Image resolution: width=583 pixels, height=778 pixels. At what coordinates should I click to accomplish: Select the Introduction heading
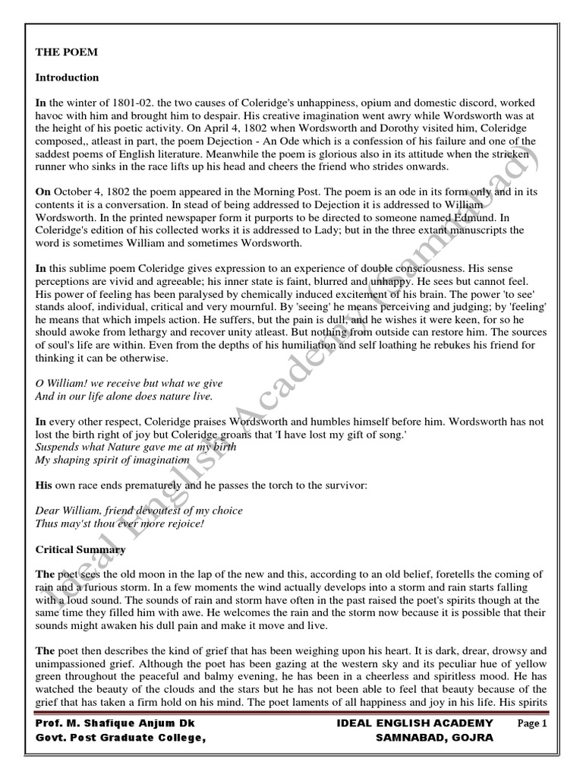[x=68, y=77]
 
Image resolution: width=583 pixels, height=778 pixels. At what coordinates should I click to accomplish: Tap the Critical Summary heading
[x=81, y=549]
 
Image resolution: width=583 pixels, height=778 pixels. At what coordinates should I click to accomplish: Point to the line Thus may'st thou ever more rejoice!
[x=121, y=524]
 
